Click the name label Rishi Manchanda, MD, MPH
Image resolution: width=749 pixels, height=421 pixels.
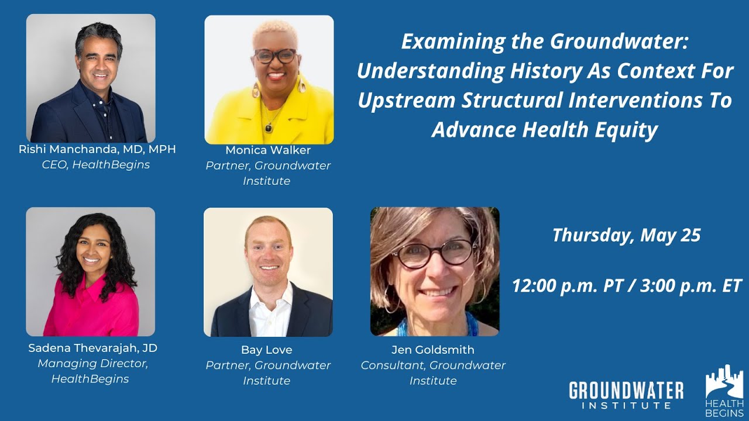pyautogui.click(x=97, y=150)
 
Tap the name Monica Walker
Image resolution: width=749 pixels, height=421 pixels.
pyautogui.click(x=268, y=150)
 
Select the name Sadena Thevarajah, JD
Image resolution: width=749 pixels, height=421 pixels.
pyautogui.click(x=92, y=348)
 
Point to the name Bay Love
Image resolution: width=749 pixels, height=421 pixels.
pyautogui.click(x=267, y=350)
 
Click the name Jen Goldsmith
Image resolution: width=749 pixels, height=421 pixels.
pyautogui.click(x=433, y=350)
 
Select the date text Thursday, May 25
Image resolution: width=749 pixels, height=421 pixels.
pyautogui.click(x=626, y=235)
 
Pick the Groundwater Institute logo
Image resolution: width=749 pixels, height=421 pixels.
pyautogui.click(x=626, y=395)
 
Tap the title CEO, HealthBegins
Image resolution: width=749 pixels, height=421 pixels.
pyautogui.click(x=95, y=165)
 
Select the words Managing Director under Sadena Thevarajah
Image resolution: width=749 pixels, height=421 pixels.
pyautogui.click(x=92, y=364)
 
